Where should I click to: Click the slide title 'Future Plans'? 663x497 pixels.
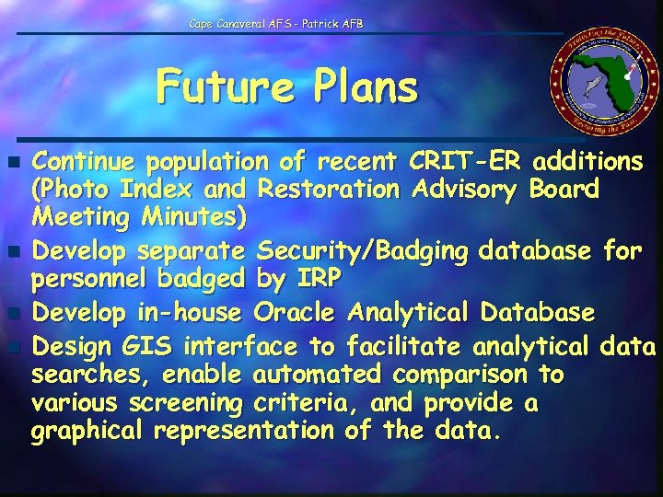click(286, 88)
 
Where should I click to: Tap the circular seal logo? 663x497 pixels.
click(603, 90)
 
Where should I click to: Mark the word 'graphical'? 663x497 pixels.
click(88, 432)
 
